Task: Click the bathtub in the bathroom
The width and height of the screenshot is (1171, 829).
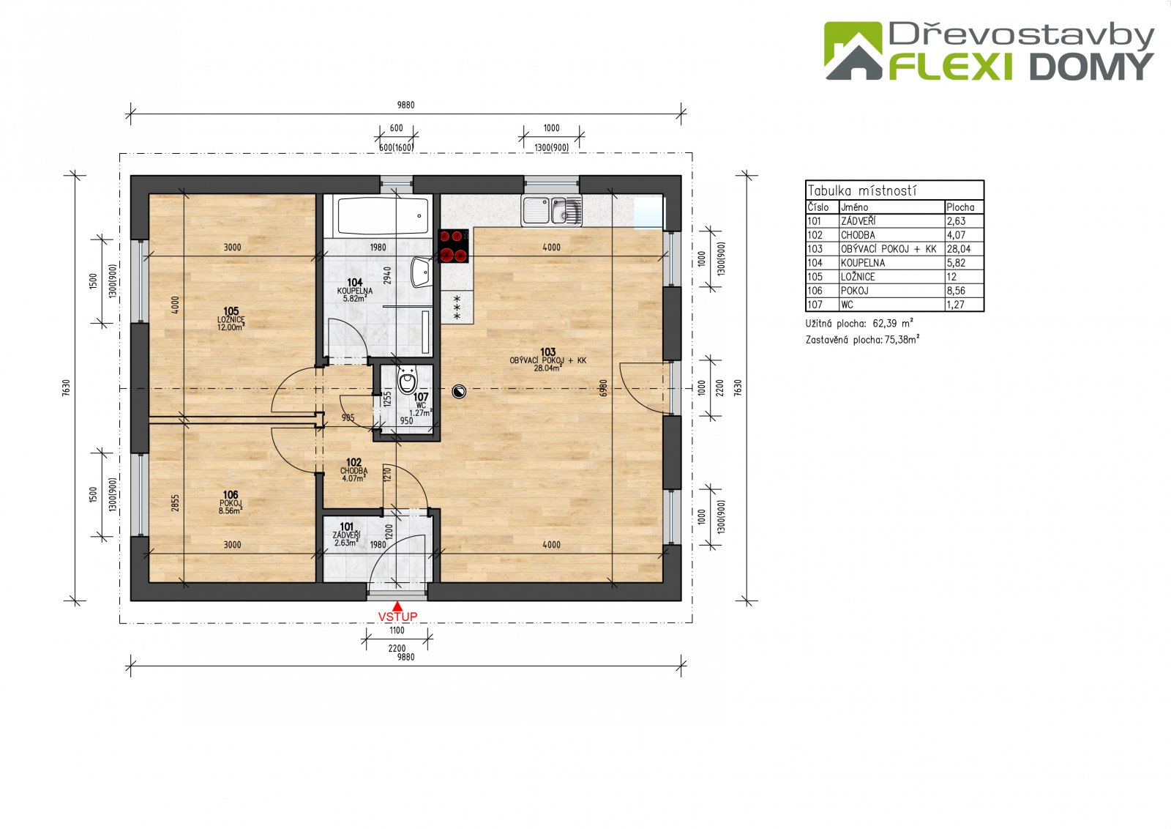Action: (x=383, y=216)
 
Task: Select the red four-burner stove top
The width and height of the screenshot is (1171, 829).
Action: (x=453, y=246)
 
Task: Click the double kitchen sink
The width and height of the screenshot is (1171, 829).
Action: (x=552, y=211)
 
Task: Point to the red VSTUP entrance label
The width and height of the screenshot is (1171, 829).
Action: (x=397, y=617)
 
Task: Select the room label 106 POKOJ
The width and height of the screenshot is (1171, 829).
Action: (x=231, y=502)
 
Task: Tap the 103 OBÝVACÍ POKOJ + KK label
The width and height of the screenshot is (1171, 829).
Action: (x=548, y=360)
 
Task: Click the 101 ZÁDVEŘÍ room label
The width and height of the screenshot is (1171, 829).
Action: (x=347, y=535)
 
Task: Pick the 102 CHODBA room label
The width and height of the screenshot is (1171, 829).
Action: (x=354, y=470)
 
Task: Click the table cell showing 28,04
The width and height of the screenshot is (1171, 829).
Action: (x=959, y=249)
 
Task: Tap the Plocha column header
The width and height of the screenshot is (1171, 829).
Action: (x=960, y=207)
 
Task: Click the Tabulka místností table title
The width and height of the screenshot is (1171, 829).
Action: (x=862, y=190)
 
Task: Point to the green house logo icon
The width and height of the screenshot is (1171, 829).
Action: (x=853, y=51)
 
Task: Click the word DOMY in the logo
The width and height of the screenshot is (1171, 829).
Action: (x=1091, y=67)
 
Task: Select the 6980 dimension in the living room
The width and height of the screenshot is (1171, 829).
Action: (x=604, y=388)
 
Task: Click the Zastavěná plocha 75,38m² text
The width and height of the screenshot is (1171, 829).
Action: (x=863, y=340)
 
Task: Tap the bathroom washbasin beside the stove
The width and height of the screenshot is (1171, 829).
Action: (x=421, y=272)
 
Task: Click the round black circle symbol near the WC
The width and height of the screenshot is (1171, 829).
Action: (x=459, y=391)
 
